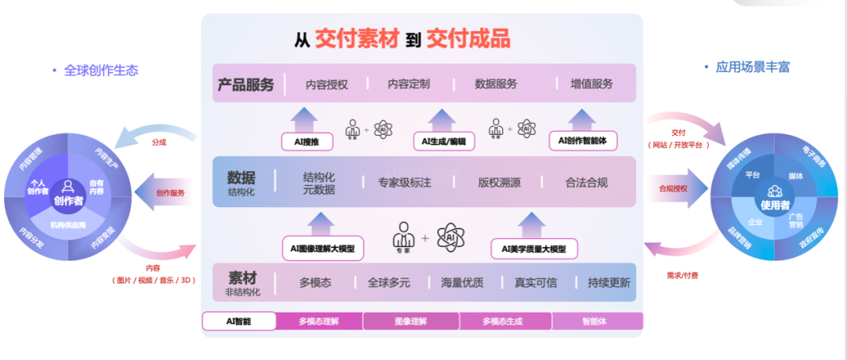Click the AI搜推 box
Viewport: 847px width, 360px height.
click(x=305, y=142)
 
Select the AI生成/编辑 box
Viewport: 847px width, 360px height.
click(x=443, y=142)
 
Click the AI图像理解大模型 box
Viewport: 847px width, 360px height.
click(x=322, y=249)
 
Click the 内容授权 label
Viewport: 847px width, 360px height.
click(x=326, y=84)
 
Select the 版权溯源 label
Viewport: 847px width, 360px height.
click(x=500, y=183)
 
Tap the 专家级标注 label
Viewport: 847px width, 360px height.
click(x=410, y=183)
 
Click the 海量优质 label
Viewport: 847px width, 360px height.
click(x=463, y=283)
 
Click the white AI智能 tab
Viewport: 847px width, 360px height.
click(x=238, y=321)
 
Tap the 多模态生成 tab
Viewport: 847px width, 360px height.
click(x=505, y=321)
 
